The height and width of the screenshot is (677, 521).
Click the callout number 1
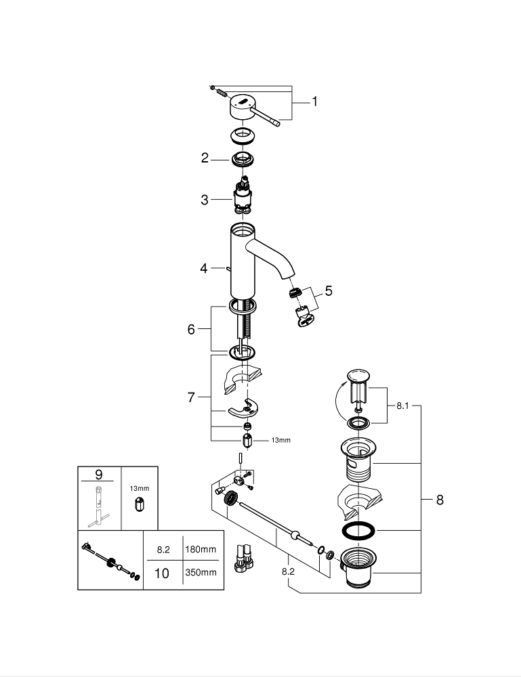point(314,102)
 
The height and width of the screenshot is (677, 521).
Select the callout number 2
point(205,158)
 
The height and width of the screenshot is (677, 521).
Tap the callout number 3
point(205,200)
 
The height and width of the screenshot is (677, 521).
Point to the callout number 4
point(203,269)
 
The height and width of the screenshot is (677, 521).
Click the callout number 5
point(329,292)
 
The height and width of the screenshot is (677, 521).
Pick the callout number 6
point(191,330)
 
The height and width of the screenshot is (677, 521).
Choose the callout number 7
point(191,398)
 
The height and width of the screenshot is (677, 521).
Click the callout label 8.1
point(404,406)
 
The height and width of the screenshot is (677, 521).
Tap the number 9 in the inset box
point(99,474)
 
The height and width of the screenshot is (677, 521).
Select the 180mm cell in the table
point(201,549)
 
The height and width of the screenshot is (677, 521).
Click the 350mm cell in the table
point(201,573)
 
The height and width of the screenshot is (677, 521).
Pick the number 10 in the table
point(162,573)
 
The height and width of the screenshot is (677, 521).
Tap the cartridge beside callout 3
point(243,197)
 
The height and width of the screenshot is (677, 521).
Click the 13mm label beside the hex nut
point(280,440)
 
